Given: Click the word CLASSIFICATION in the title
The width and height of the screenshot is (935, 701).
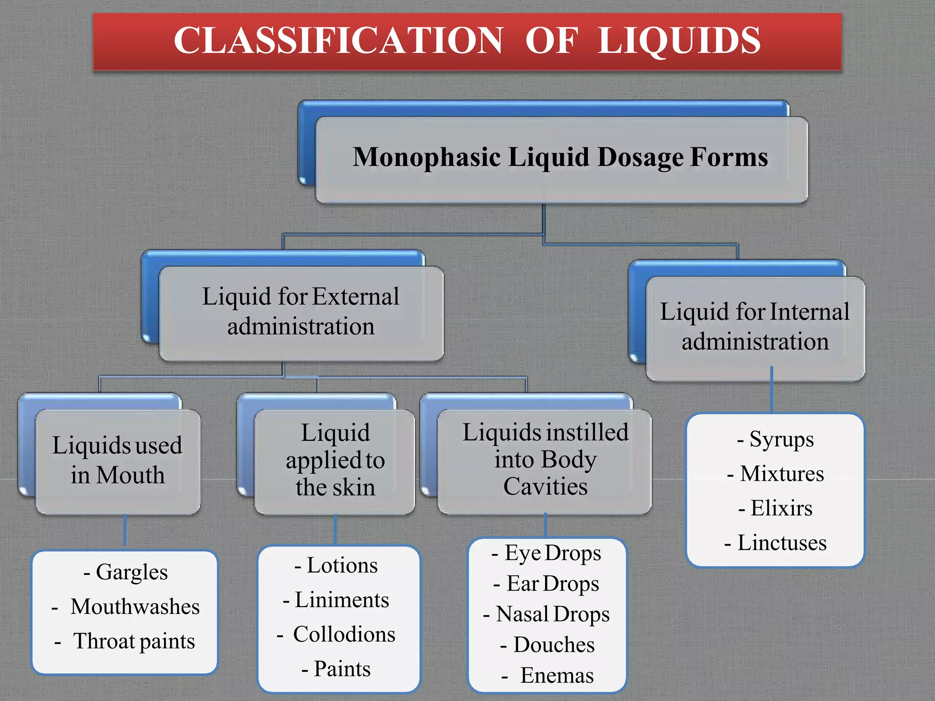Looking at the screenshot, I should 338,41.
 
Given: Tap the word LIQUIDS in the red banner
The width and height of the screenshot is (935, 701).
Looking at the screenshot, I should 679,41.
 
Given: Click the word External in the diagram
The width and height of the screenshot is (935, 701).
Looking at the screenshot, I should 356,297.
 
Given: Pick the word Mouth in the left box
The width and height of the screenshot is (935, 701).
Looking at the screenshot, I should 130,475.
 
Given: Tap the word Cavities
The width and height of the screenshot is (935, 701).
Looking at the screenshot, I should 545,487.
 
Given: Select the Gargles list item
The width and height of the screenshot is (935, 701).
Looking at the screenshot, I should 131,572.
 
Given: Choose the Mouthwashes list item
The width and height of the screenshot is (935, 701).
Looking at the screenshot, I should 135,607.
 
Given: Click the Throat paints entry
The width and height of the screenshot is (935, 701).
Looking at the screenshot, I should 134,641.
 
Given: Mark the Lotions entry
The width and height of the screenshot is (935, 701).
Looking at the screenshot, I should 342,565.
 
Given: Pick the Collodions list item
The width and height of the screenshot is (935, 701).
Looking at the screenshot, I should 344,634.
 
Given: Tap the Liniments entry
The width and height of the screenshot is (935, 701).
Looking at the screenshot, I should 342,600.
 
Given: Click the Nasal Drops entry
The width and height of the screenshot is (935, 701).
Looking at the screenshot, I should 552,614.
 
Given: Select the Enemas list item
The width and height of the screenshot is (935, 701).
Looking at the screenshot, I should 557,675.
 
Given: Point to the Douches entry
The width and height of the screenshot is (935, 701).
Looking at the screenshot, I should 554,645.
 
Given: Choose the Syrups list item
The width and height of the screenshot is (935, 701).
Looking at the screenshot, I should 782,439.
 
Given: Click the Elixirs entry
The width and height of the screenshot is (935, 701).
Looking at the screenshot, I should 782,508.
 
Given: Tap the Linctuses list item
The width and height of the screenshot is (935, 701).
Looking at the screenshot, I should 782,543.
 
